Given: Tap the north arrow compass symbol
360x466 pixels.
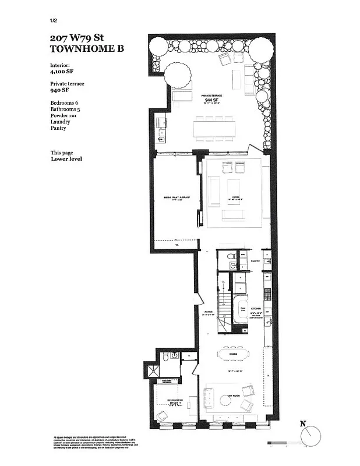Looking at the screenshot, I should (x=312, y=435).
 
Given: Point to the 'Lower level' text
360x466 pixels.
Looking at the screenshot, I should (x=66, y=158).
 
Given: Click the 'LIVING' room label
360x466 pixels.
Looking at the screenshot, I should (x=235, y=197).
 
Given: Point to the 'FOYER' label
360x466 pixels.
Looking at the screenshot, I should (x=208, y=313).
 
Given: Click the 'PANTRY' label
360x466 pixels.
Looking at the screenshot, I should (x=255, y=262).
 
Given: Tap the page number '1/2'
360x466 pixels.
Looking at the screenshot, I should (x=55, y=21).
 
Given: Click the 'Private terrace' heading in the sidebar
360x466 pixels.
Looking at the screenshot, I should (x=68, y=84).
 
